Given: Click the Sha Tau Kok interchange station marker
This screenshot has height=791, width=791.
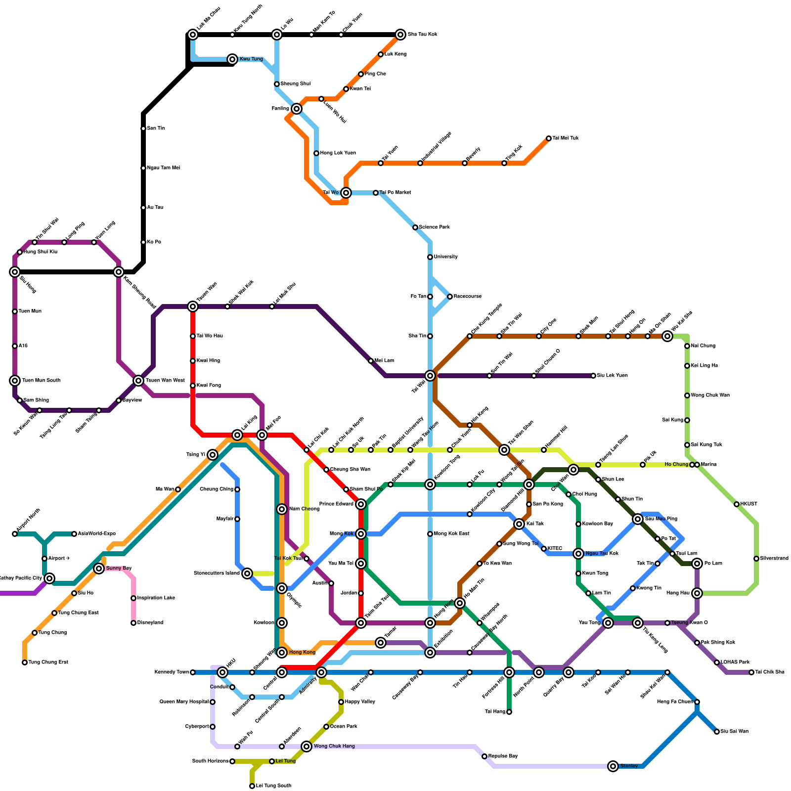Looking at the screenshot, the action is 400,35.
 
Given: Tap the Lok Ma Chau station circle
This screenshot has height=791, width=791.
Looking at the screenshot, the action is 193,35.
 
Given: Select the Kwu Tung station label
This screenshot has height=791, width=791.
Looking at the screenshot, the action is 251,59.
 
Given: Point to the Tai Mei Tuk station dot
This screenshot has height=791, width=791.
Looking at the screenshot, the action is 549,138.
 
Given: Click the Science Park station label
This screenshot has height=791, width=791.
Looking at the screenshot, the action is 434,227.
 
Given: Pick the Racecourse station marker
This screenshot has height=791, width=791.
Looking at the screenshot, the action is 450,297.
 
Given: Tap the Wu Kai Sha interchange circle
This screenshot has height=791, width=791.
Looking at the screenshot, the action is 667,336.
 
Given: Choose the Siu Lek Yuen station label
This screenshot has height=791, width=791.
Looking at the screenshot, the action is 612,376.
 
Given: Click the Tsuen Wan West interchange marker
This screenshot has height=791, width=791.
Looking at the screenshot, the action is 138,381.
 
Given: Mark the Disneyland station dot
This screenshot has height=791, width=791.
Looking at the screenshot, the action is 133,623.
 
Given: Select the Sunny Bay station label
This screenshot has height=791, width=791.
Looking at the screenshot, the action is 119,569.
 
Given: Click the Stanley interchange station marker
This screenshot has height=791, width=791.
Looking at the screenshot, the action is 613,766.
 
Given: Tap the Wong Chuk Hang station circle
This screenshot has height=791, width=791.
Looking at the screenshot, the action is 307,747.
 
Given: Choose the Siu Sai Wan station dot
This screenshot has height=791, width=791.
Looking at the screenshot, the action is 717,732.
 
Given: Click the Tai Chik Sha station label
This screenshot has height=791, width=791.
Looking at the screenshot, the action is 770,672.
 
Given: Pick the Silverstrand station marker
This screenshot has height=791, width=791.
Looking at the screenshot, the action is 756,559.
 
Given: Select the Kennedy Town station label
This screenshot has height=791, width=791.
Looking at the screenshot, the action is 172,672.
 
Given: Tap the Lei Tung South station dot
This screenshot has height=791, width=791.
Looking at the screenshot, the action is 252,786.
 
